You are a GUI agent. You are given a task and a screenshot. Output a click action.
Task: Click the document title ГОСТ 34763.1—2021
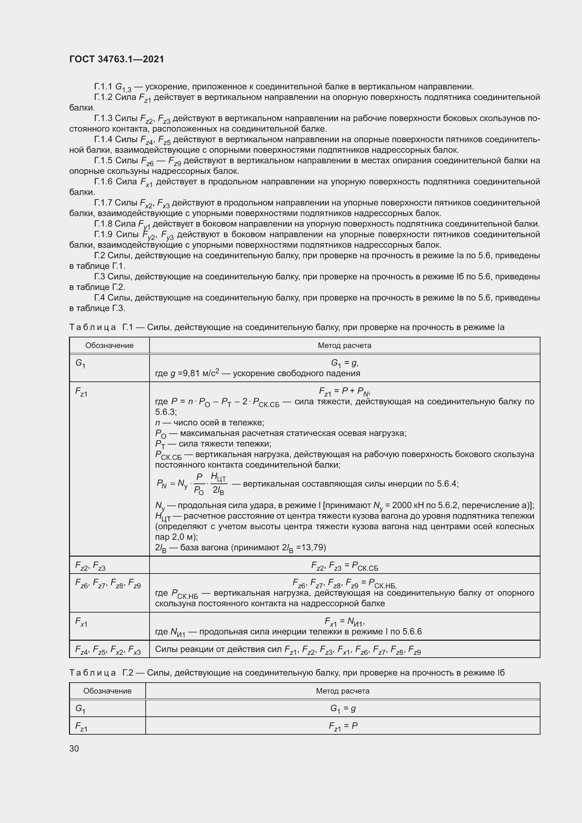point(116,59)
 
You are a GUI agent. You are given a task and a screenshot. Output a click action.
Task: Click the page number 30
point(74,748)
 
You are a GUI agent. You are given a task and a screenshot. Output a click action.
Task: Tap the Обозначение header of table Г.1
point(109,346)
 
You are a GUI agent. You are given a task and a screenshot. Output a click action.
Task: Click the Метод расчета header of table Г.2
point(343,691)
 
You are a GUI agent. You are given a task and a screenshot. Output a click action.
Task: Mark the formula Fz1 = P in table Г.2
point(343,726)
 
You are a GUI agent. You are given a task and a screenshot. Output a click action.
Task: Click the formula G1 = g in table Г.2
point(343,708)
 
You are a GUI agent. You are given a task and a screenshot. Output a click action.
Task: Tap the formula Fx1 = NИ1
point(344,621)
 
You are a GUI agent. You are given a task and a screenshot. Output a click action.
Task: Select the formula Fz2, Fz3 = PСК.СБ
point(344,566)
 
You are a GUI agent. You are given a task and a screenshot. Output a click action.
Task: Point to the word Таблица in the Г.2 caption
point(93,673)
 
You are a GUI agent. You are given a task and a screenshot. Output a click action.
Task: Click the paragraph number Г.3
point(99,277)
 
